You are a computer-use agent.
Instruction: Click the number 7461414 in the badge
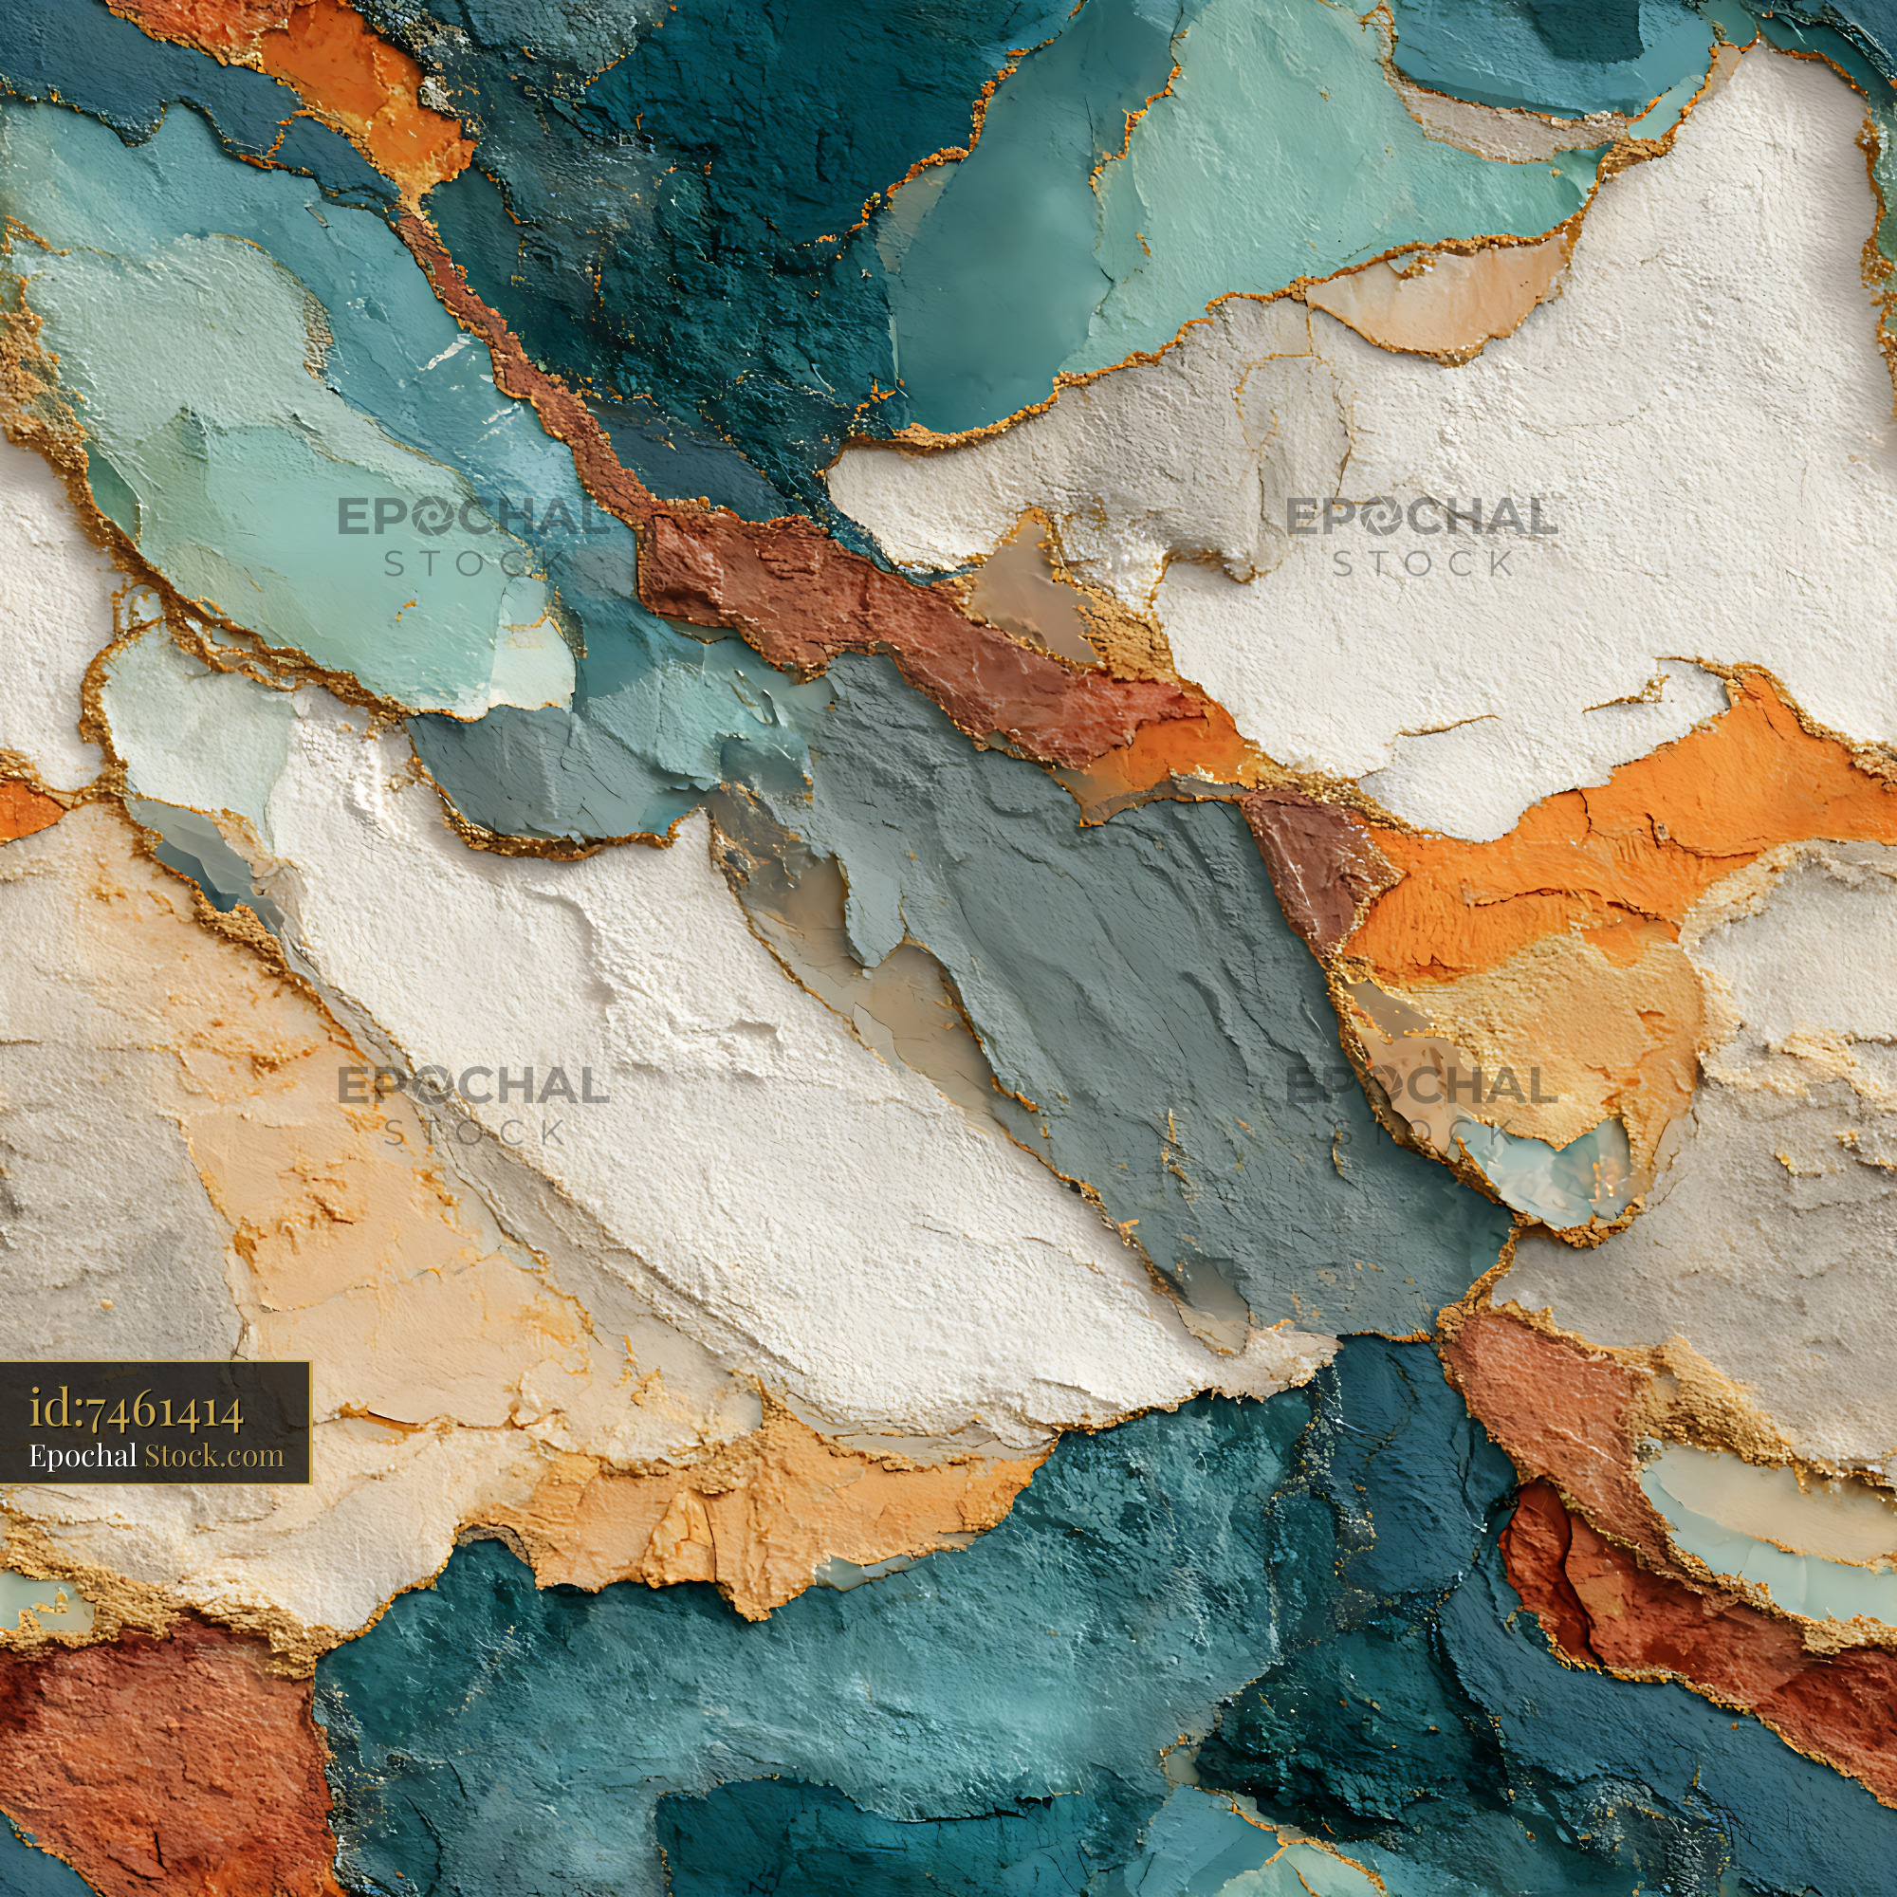(x=165, y=1413)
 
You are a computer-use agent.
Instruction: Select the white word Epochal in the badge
(x=83, y=1456)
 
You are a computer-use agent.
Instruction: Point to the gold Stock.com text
(x=214, y=1456)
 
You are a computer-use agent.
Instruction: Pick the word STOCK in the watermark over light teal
(x=474, y=563)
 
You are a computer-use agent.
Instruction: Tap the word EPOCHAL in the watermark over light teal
(x=474, y=519)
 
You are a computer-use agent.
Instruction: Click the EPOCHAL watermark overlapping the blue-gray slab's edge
(x=1422, y=1086)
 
